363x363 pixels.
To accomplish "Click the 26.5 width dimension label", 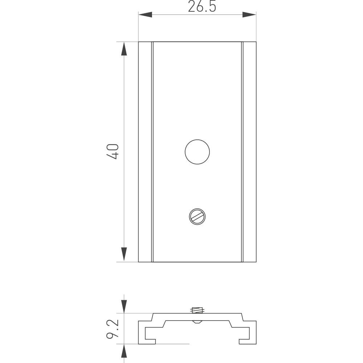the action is click(202, 7).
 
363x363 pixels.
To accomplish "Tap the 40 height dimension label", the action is click(113, 151).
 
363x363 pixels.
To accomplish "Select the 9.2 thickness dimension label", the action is click(113, 329).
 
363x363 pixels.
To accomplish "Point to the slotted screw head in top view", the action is click(197, 216).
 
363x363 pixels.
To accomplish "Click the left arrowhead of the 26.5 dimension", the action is click(145, 15).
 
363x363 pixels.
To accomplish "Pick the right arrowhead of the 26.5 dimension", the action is click(249, 15).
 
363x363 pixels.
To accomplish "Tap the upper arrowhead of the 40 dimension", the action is click(124, 49).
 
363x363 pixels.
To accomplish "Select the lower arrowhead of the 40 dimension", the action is click(124, 254).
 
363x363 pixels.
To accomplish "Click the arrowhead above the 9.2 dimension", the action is click(124, 306).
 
